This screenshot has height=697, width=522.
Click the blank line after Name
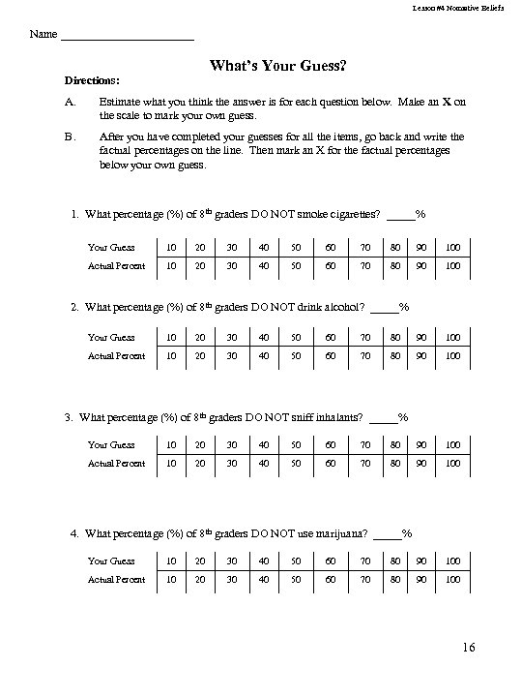tap(127, 37)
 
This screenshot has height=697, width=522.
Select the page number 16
tap(467, 648)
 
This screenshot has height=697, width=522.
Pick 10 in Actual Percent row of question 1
tap(170, 264)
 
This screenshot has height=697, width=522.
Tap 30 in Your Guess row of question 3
tap(231, 445)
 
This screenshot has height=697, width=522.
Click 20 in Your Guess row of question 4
tap(199, 561)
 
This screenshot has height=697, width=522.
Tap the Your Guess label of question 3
tap(111, 445)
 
